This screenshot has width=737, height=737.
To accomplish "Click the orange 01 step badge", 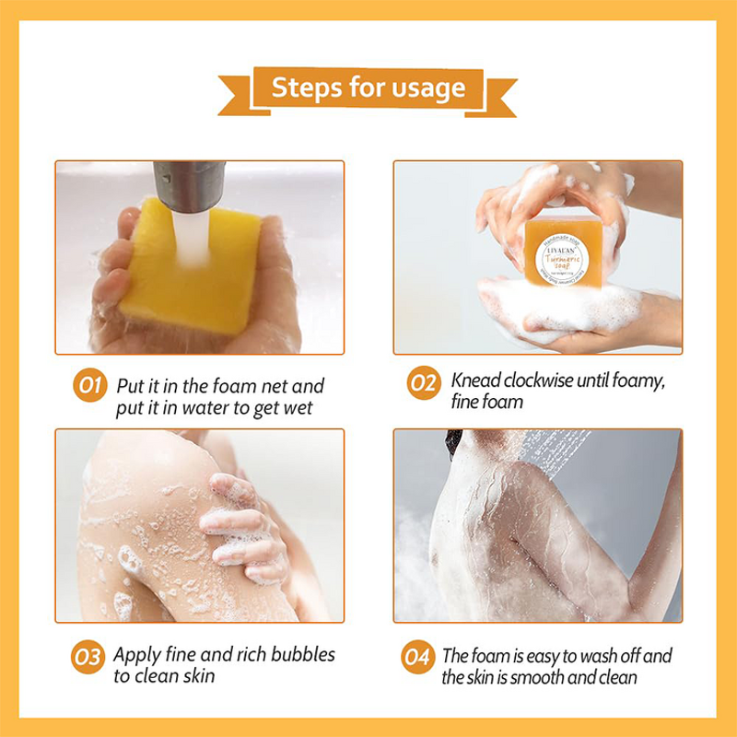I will (x=88, y=385).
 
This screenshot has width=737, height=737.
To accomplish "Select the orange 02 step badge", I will (x=423, y=384).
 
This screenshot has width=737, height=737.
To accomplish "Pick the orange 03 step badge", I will (x=88, y=658).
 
